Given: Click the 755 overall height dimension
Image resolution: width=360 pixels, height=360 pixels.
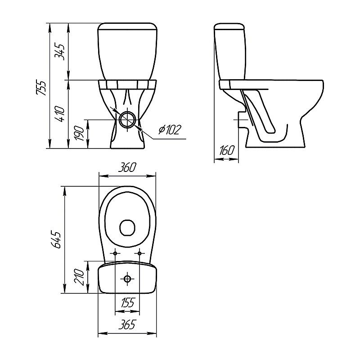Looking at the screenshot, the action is tap(42, 88).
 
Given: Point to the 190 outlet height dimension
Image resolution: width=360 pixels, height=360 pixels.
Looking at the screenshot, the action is tap(80, 133).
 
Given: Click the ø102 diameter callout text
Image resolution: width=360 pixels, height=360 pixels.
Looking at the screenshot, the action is tap(170, 130).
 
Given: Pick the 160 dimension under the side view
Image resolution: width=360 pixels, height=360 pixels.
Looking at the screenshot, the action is tap(227, 150).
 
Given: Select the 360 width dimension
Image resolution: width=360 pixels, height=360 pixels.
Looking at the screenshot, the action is tap(127, 167).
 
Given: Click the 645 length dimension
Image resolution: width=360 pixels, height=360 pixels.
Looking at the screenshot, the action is tap(56, 240).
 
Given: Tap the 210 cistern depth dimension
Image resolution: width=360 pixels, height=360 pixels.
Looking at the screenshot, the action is tap(80, 277).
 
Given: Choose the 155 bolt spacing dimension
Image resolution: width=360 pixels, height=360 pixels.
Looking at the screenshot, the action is tap(128, 302).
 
